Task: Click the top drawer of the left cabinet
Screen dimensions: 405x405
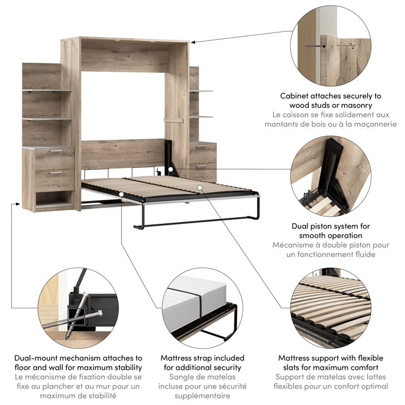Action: coord(54,158)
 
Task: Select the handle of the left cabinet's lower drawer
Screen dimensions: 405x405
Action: coord(55,173)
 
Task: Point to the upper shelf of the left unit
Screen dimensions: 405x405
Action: coord(47,91)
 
